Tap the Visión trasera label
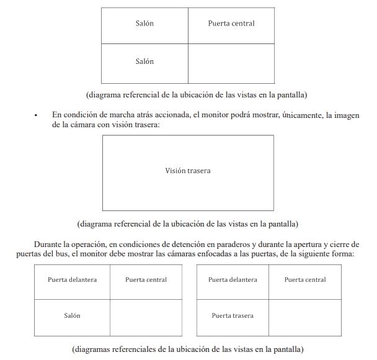coord(187,170)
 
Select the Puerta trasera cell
coord(233,316)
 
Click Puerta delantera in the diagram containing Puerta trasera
coord(233,280)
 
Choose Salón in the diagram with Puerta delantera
coord(72,316)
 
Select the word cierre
coord(340,245)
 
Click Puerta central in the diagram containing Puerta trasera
coord(305,280)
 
